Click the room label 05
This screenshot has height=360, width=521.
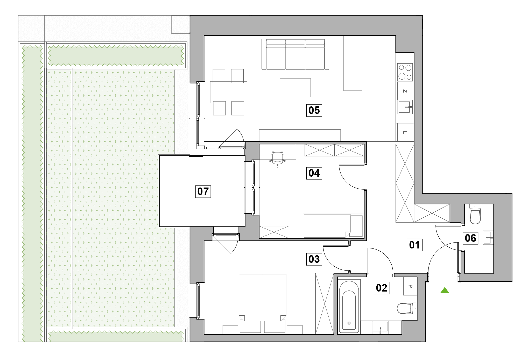tap(314, 110)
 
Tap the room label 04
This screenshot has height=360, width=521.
tap(314, 173)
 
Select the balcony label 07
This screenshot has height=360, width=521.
tap(203, 191)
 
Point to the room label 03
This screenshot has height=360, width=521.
tap(314, 259)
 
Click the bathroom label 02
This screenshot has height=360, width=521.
tap(381, 288)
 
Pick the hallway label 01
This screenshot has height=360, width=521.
tap(414, 245)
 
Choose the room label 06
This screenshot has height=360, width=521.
tap(470, 238)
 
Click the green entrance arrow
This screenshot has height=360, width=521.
tap(445, 290)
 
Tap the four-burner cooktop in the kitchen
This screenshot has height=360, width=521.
tap(405, 72)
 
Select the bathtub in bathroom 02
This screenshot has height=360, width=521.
tap(349, 307)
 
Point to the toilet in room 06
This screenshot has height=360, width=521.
tap(475, 215)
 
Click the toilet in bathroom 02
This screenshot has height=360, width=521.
tap(406, 308)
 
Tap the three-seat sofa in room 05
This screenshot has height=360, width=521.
tap(295, 54)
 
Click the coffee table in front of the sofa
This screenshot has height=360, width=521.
tap(295, 88)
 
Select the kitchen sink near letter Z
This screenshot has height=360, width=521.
tap(404, 107)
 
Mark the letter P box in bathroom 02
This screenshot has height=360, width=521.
tap(410, 286)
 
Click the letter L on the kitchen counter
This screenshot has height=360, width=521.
tap(405, 132)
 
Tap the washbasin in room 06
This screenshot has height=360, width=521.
tap(488, 238)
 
